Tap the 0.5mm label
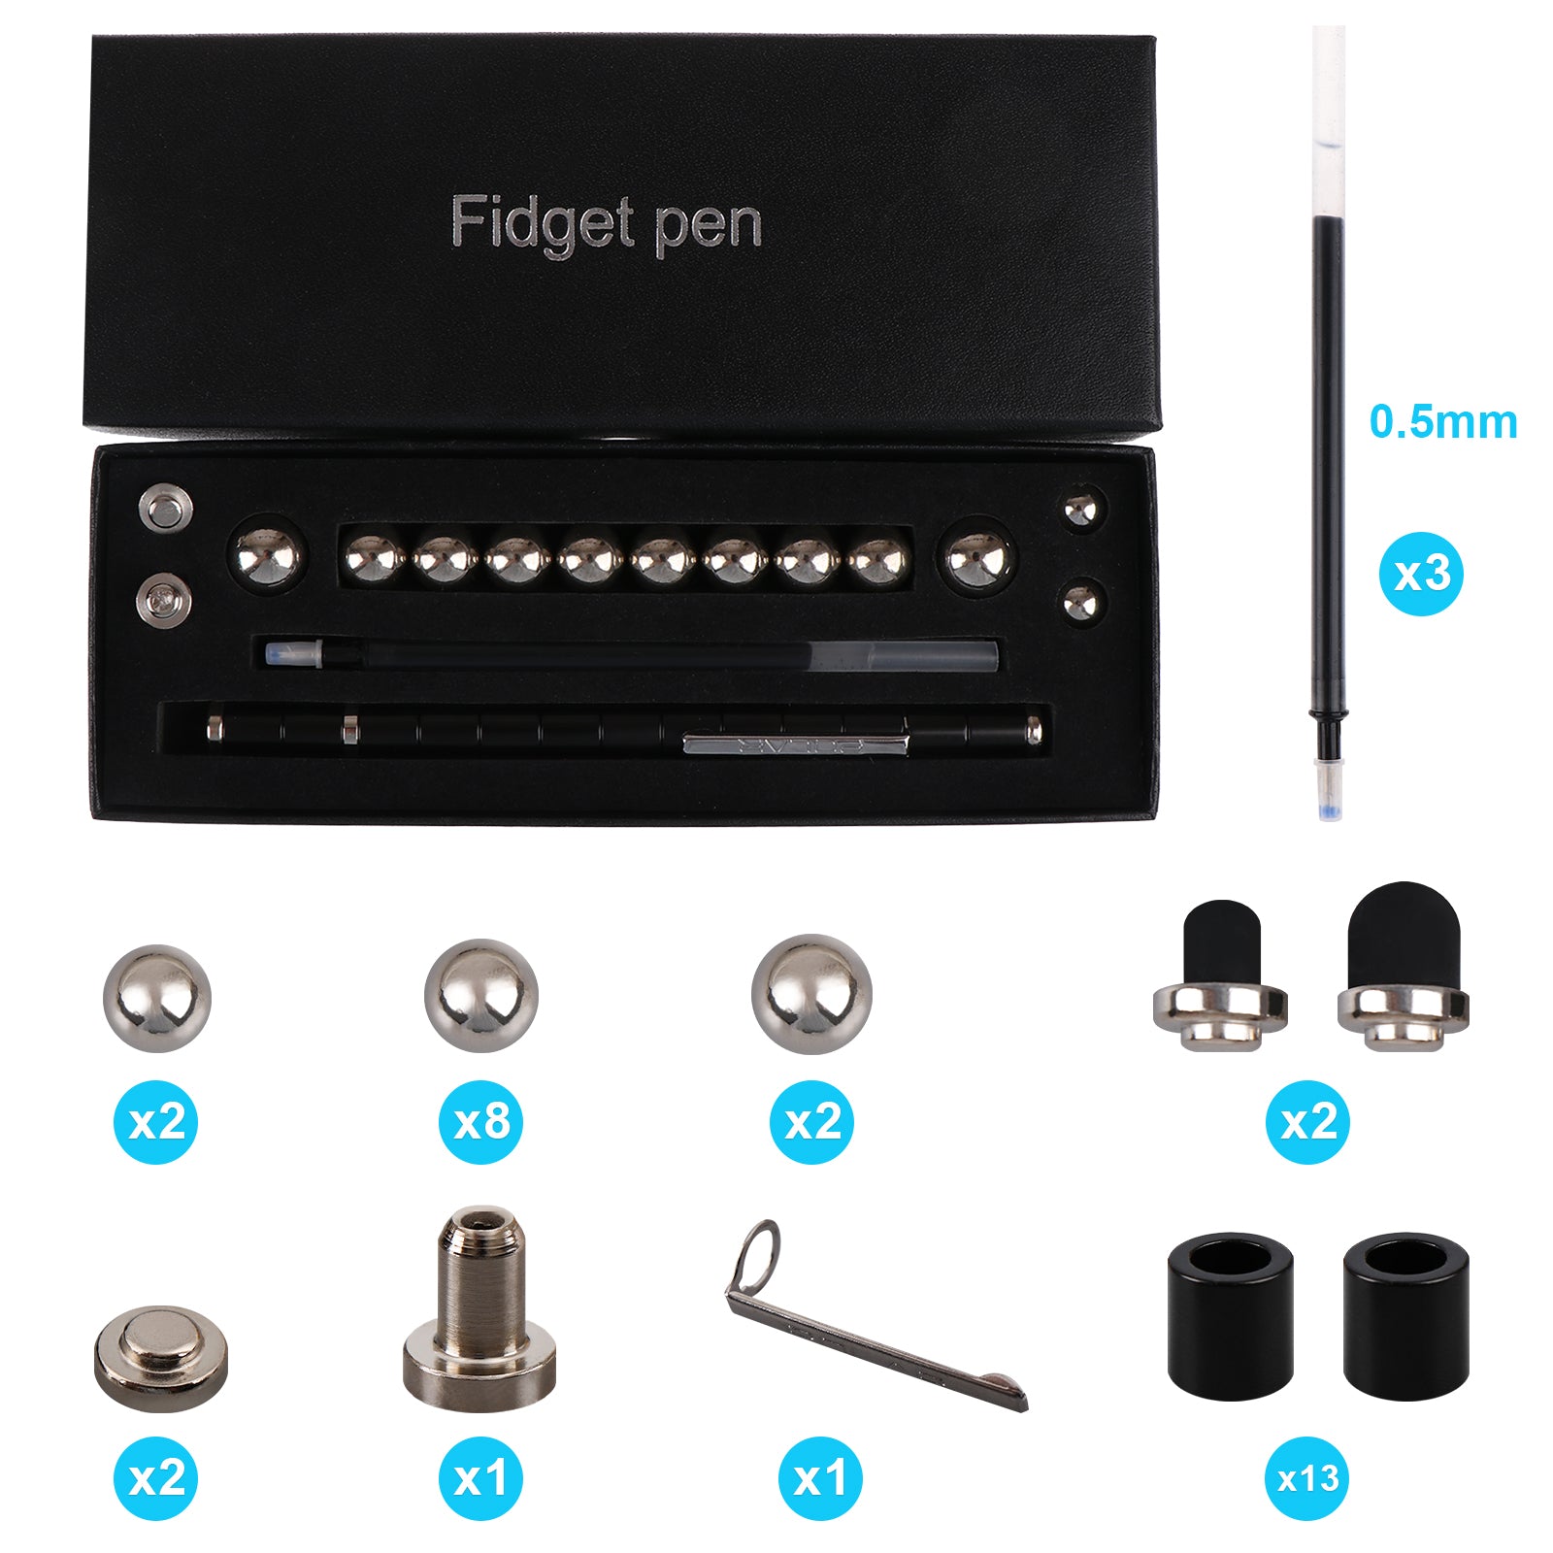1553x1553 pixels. tap(1443, 422)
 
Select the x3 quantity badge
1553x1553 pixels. tap(1421, 574)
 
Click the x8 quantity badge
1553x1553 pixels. tap(481, 1122)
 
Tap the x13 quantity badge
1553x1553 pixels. tap(1307, 1478)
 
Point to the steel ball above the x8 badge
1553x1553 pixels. tap(481, 997)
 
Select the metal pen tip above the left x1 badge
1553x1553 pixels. tap(480, 1301)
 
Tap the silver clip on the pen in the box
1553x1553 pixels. tap(796, 743)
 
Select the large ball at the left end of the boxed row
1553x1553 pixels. tap(269, 558)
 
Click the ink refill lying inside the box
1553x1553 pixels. tap(632, 655)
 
